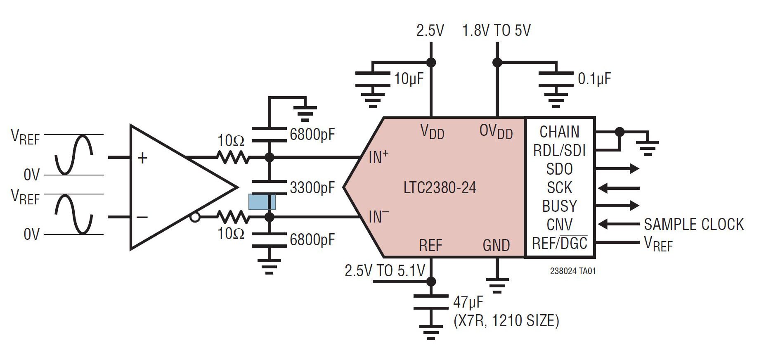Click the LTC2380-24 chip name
440,188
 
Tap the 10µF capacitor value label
409,78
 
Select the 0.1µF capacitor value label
594,78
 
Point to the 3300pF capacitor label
312,188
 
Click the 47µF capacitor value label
468,302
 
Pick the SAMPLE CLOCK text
694,224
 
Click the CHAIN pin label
560,132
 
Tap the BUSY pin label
560,206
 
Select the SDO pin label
560,169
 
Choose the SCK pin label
560,187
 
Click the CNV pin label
560,225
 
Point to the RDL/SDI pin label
560,150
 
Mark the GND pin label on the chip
497,245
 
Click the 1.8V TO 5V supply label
497,31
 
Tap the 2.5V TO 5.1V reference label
385,271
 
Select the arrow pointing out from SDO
617,168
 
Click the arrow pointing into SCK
618,188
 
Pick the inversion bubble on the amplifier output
195,217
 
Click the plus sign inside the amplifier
142,158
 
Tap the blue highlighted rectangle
262,202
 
